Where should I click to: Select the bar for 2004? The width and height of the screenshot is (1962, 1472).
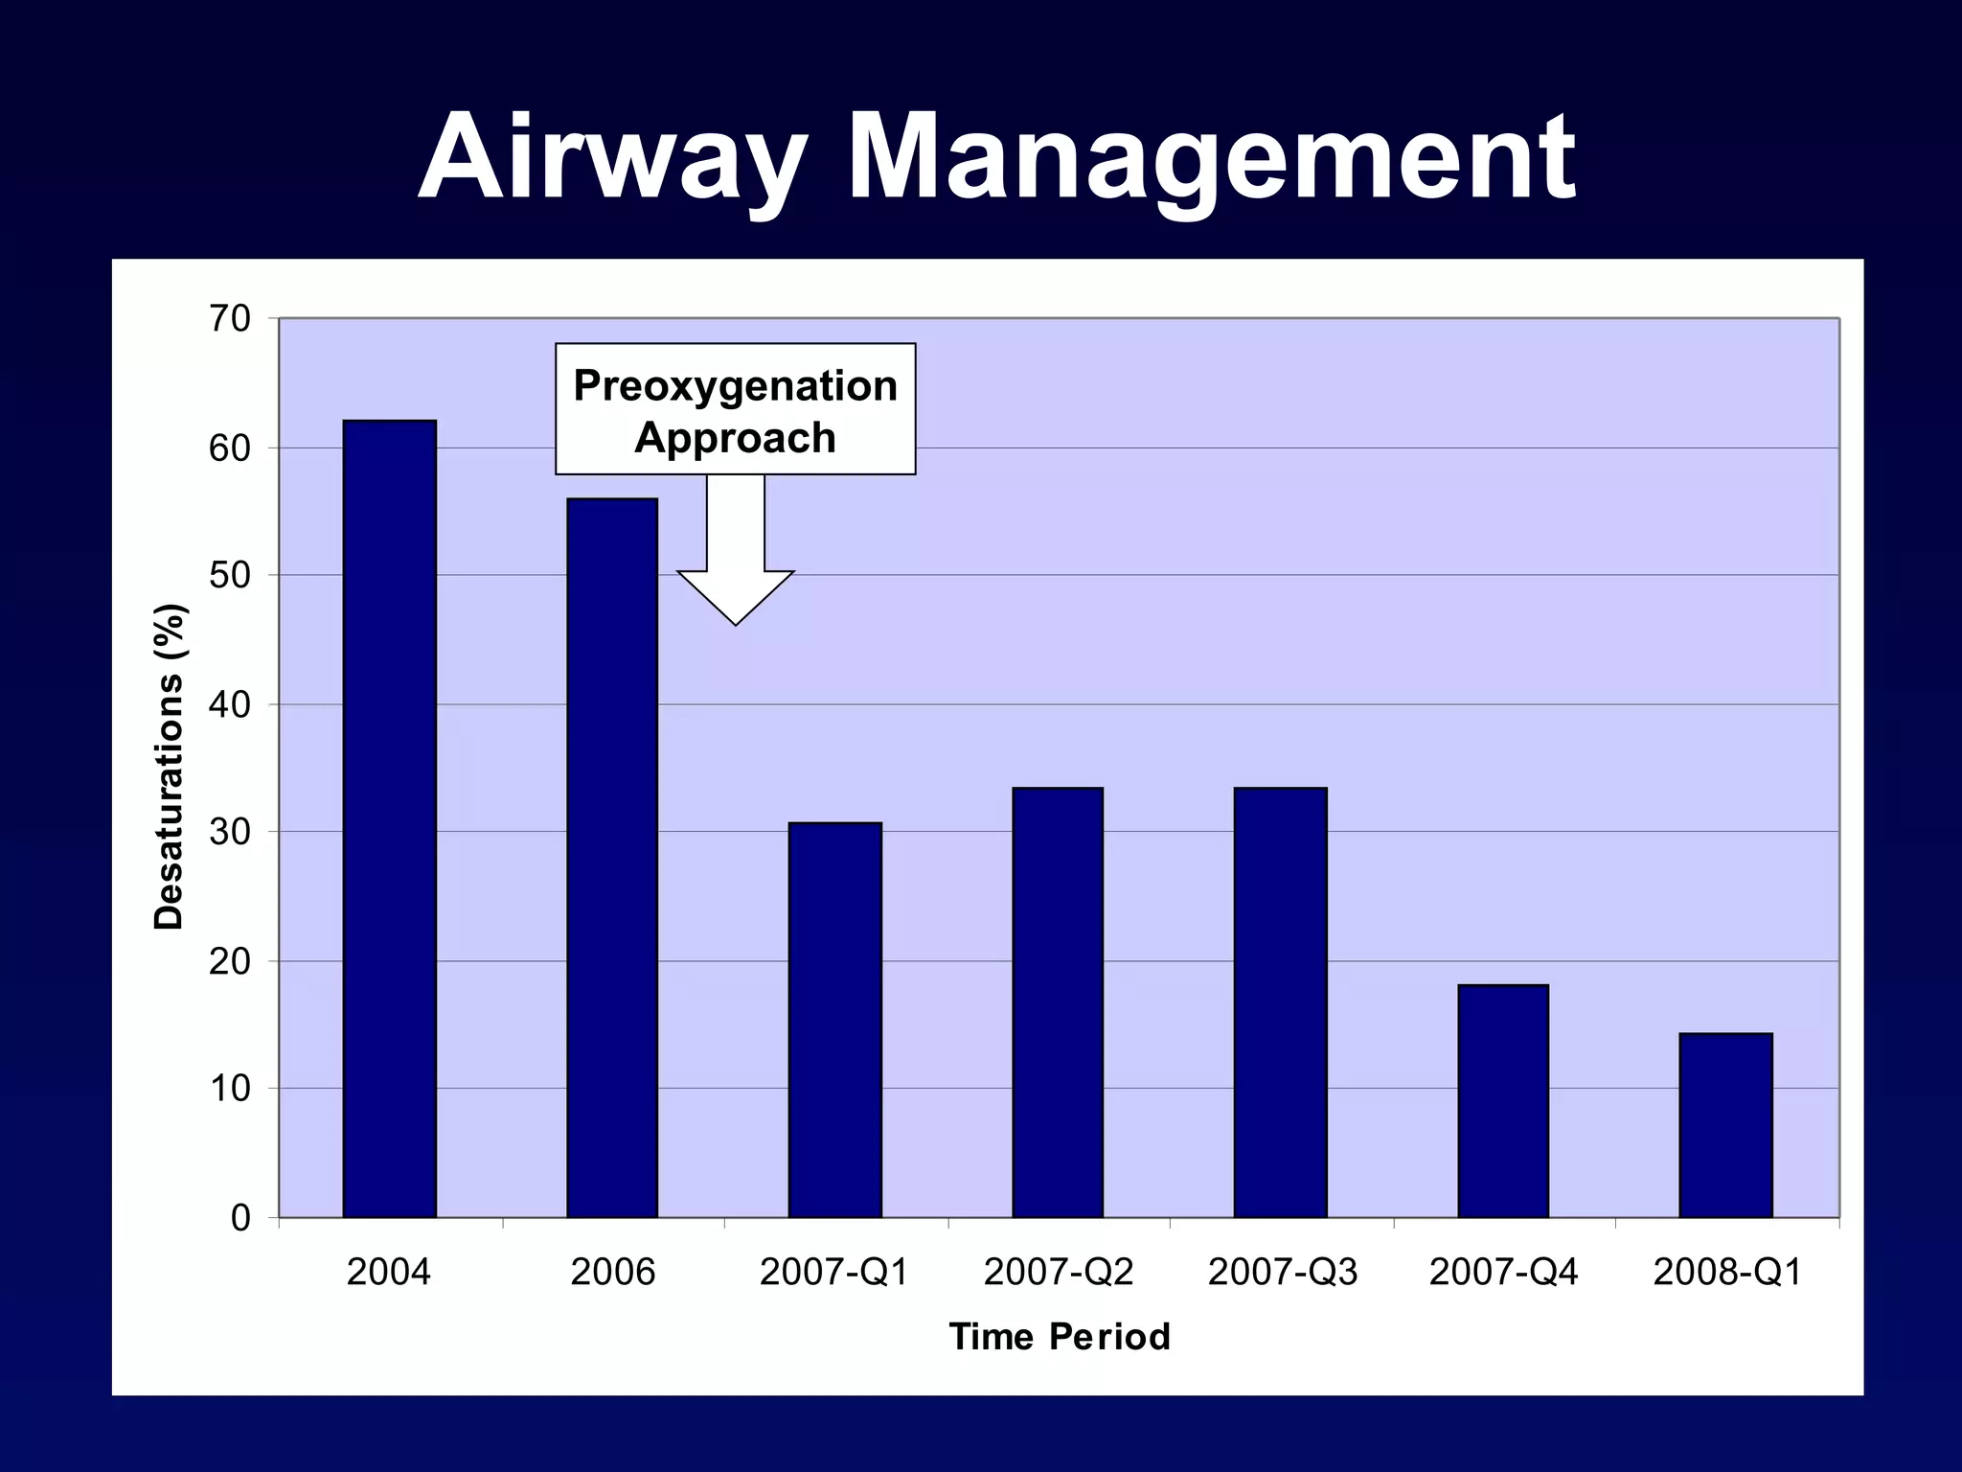coord(389,819)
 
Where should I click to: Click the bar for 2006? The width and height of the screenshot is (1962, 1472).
coord(612,858)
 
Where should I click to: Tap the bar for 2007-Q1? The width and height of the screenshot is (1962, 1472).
coord(834,1020)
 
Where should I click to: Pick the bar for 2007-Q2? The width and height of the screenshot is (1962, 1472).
coord(1058,1002)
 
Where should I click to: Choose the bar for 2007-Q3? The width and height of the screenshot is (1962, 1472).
coord(1280,1002)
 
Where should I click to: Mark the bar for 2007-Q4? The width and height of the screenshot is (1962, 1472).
coord(1503,1101)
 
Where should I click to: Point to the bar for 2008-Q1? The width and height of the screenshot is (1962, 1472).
coord(1725,1125)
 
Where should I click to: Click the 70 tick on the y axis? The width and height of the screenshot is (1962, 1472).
coord(230,319)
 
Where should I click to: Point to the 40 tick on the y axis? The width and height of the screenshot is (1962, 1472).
coord(230,705)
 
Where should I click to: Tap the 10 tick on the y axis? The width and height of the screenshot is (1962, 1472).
coord(230,1090)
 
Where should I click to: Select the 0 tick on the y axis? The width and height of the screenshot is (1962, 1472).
coord(240,1218)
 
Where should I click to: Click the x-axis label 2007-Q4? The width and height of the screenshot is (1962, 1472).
coord(1503,1273)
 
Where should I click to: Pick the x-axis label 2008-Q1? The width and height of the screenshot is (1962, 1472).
coord(1726,1273)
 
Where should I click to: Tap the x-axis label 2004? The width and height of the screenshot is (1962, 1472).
coord(388,1273)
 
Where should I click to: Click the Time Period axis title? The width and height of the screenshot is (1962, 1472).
coord(1060,1337)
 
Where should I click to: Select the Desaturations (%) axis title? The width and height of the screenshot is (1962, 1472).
coord(169,767)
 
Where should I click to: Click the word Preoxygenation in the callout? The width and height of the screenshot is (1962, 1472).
coord(735,387)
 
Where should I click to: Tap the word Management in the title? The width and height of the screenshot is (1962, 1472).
coord(1211,158)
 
